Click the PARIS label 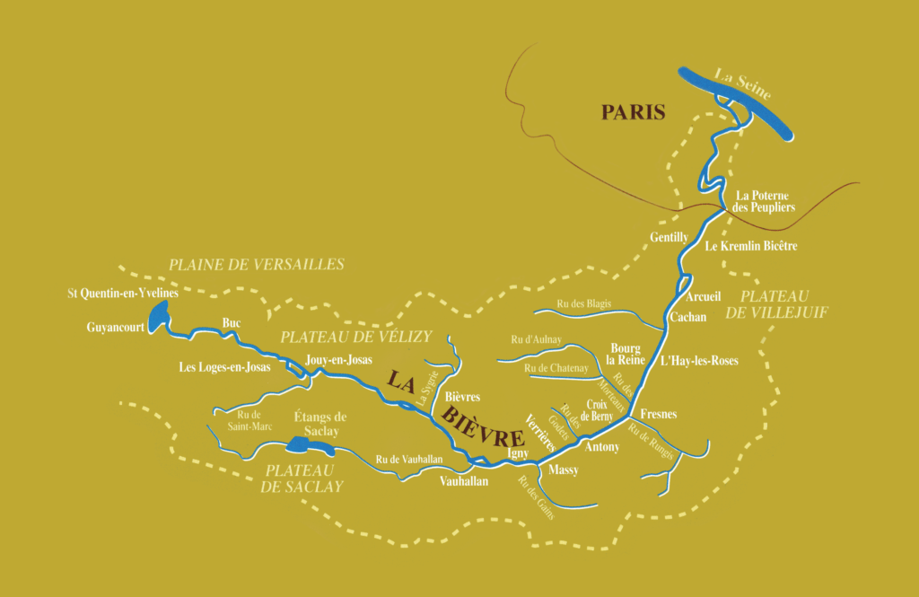click(633, 112)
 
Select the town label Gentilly click(669, 237)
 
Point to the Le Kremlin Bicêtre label click(751, 245)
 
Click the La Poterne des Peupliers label click(766, 201)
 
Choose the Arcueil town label click(704, 296)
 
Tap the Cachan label click(688, 317)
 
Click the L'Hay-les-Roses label click(698, 361)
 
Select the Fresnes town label click(659, 415)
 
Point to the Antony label click(601, 446)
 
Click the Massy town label click(563, 470)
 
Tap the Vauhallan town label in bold click(464, 481)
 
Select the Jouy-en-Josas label click(338, 359)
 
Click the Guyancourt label click(116, 328)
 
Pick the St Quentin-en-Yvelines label click(123, 293)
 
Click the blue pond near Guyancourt click(159, 316)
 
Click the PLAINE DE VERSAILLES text click(257, 264)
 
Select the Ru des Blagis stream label click(584, 303)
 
